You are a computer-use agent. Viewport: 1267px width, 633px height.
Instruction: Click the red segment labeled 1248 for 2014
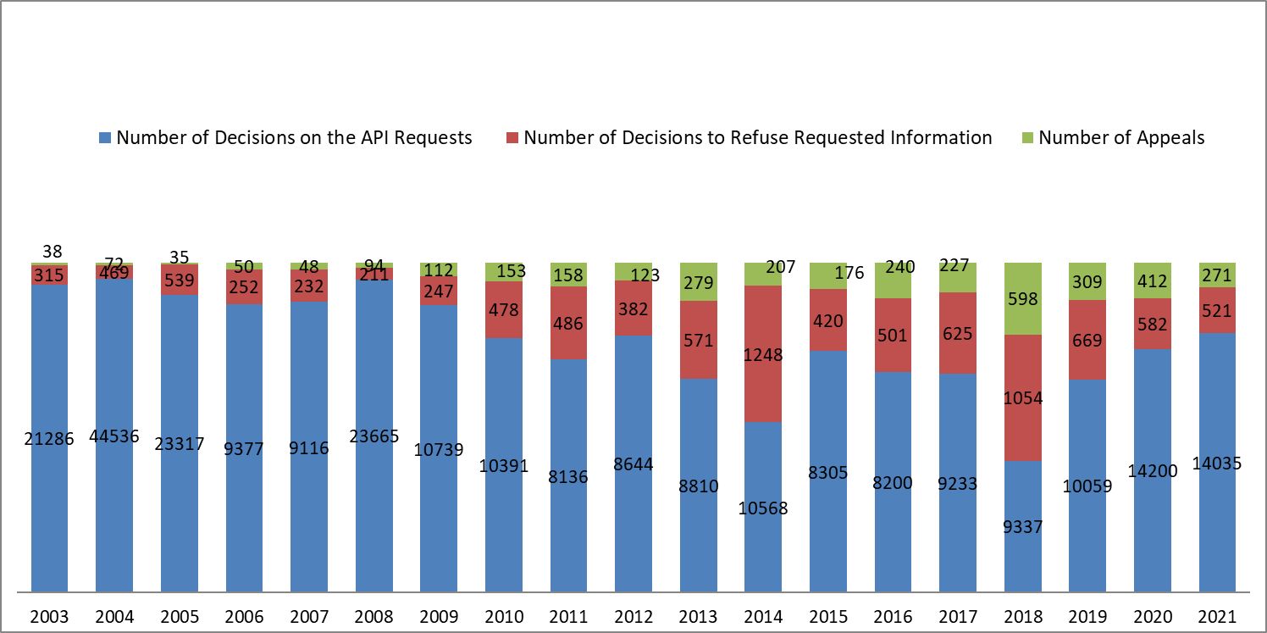tap(763, 353)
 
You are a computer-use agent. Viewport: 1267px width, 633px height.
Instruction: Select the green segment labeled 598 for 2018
tap(1022, 298)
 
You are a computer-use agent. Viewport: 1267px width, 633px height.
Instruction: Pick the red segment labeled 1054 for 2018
tap(1022, 397)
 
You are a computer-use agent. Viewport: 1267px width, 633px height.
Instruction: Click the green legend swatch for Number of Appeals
tap(1028, 138)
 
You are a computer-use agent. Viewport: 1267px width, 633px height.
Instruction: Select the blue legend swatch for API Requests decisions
tap(106, 138)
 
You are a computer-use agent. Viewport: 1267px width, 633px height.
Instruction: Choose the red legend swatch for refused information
tap(512, 138)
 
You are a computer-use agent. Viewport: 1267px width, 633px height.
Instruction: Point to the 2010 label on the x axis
tap(503, 617)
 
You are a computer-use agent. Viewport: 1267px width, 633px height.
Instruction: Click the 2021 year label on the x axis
tap(1217, 617)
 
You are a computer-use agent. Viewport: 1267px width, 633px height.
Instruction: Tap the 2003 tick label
tap(49, 617)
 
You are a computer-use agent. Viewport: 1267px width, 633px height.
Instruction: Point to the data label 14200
tap(1153, 471)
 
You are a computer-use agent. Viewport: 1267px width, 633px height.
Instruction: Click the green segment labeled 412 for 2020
tap(1153, 280)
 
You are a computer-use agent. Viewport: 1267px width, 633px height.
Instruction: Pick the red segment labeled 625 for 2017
tap(958, 333)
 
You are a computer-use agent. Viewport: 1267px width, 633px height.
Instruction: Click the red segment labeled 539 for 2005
tap(179, 280)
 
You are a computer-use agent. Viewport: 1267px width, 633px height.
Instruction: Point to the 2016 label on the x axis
tap(893, 617)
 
